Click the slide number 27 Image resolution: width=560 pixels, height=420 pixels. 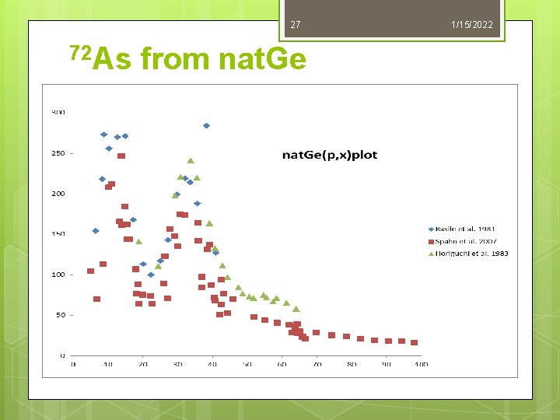[295, 26]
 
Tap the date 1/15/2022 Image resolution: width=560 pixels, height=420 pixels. [471, 26]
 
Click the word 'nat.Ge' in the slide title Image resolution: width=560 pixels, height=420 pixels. [263, 58]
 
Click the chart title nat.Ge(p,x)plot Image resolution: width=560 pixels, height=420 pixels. [329, 155]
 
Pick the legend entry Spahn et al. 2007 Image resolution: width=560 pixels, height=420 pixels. [467, 241]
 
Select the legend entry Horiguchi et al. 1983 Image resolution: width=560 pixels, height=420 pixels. [470, 253]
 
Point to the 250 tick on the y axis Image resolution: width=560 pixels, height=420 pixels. [58, 153]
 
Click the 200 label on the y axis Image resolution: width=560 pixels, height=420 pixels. [58, 194]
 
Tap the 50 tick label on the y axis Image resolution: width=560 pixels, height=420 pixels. [60, 315]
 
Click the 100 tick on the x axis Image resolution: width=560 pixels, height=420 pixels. [420, 364]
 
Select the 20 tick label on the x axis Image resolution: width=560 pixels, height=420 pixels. [142, 364]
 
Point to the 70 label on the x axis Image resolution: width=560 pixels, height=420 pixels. [316, 364]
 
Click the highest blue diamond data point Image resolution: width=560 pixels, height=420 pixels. [206, 125]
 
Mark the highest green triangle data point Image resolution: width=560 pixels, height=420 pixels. [191, 161]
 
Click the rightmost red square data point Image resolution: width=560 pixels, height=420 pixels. [415, 342]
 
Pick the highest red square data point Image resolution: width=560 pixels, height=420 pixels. [121, 156]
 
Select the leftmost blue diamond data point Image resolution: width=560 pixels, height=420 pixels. [96, 231]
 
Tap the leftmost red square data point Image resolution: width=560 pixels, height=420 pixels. [90, 271]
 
